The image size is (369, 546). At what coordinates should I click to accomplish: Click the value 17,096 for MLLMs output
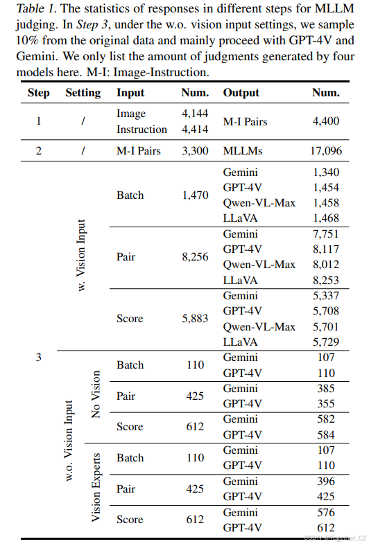pos(326,150)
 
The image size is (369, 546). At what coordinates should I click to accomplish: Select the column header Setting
pos(83,93)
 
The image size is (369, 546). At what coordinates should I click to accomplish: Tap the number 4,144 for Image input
pos(195,113)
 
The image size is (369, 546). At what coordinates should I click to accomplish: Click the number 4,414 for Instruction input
pos(195,130)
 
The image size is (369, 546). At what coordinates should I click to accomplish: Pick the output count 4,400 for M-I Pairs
pos(326,121)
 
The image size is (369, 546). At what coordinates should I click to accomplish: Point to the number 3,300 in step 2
pos(195,150)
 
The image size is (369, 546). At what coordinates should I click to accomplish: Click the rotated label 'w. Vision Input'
pos(81,255)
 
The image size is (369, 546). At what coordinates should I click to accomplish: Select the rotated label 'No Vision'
pos(96,395)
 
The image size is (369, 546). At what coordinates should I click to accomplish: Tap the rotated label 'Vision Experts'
pos(96,487)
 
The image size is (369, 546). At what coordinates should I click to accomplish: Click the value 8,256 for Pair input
pos(195,256)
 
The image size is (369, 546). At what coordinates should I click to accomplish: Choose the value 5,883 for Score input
pos(195,318)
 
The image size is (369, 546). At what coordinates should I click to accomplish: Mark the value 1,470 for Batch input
pos(195,195)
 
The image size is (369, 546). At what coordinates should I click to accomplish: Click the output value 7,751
pos(326,234)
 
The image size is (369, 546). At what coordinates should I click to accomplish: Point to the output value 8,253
pos(326,279)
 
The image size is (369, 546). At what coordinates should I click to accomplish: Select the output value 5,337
pos(326,295)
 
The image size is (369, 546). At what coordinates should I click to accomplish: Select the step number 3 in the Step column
pos(38,358)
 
